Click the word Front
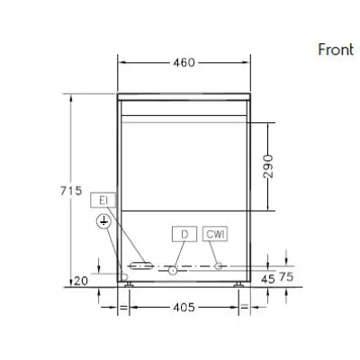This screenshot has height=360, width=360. click(x=336, y=49)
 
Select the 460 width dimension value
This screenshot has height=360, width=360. click(x=185, y=63)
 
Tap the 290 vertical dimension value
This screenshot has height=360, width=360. click(x=267, y=166)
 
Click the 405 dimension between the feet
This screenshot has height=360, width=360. click(x=184, y=307)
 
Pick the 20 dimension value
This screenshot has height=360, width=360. click(x=81, y=281)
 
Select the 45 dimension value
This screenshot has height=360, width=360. click(x=267, y=279)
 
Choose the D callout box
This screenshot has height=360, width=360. click(x=184, y=234)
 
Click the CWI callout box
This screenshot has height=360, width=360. click(x=215, y=234)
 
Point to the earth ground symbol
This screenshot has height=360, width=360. click(x=104, y=221)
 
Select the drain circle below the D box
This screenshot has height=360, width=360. click(x=171, y=268)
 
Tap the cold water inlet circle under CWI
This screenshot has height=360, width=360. click(x=217, y=265)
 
